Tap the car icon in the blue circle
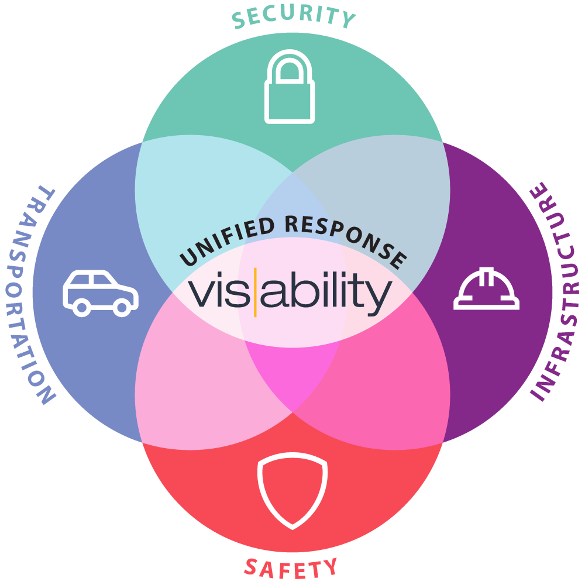(x=100, y=292)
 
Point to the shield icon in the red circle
(x=292, y=490)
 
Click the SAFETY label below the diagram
(x=291, y=566)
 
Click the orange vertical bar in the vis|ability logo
(x=256, y=291)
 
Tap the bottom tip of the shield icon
(x=292, y=525)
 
